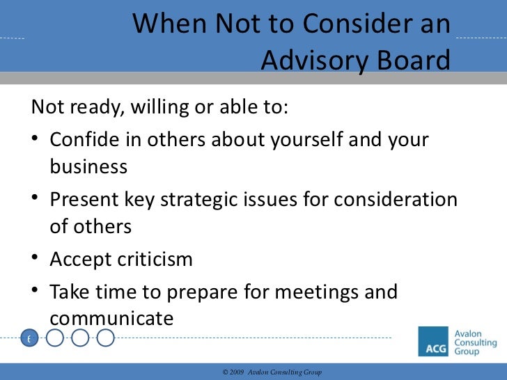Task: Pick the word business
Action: [x=88, y=167]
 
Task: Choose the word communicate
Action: [x=111, y=319]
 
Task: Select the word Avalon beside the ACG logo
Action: [x=473, y=333]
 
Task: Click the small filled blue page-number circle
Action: [x=29, y=339]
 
